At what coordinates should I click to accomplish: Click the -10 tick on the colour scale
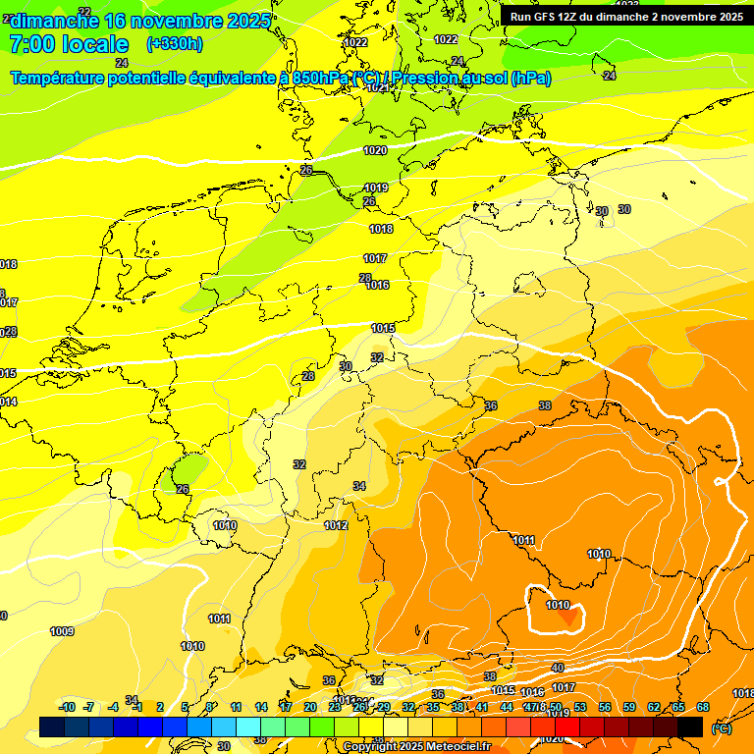point(67,708)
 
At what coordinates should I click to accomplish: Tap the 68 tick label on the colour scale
point(703,708)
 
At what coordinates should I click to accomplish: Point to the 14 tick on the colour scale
point(261,708)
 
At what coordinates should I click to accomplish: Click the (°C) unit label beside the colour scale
point(722,728)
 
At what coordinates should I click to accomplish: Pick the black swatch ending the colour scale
point(690,727)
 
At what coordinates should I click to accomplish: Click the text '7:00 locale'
point(69,44)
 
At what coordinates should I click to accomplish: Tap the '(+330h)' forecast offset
point(175,44)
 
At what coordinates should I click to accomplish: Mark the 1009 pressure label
point(62,631)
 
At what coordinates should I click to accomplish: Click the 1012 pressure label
point(337,526)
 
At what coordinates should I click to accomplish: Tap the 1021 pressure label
point(378,87)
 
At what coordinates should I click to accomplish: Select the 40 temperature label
point(558,668)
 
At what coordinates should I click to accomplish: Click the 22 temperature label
point(84,12)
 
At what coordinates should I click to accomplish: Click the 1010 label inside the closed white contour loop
point(558,606)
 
